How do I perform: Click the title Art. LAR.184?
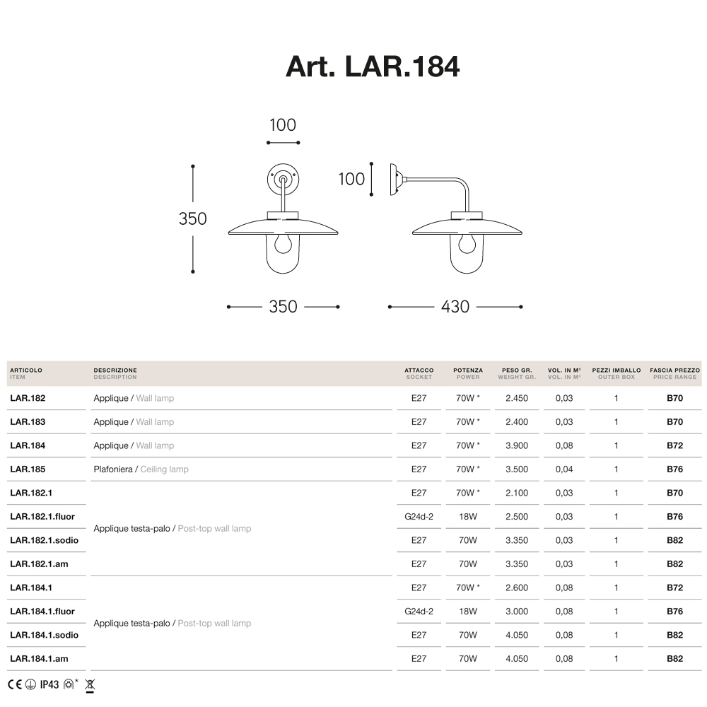(373, 66)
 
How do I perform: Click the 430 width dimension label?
(455, 307)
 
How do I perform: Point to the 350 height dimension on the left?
(192, 218)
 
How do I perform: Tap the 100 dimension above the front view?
(283, 125)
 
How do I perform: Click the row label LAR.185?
(28, 469)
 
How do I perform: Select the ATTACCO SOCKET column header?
(419, 373)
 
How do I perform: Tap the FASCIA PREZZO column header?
(674, 373)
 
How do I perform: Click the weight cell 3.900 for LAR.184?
(516, 445)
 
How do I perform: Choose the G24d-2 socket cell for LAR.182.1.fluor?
(419, 517)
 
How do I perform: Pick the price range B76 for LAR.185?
(674, 469)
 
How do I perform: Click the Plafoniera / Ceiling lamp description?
(141, 469)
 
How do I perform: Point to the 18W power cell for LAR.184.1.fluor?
(468, 612)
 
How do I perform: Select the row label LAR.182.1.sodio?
(44, 540)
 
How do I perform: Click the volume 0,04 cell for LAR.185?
(564, 469)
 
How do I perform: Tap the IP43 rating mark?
(49, 684)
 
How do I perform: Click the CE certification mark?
(15, 684)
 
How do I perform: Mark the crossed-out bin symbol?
(90, 684)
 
